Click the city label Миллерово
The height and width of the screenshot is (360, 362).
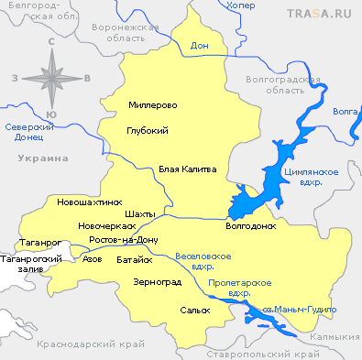[153, 105]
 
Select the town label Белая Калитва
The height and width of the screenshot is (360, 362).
[187, 169]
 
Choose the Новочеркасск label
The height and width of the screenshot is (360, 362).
[107, 225]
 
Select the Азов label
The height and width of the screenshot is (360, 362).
[92, 259]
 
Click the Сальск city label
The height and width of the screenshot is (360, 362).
[194, 310]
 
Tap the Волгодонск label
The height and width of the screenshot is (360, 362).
[250, 224]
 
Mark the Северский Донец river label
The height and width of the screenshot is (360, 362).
[25, 132]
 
